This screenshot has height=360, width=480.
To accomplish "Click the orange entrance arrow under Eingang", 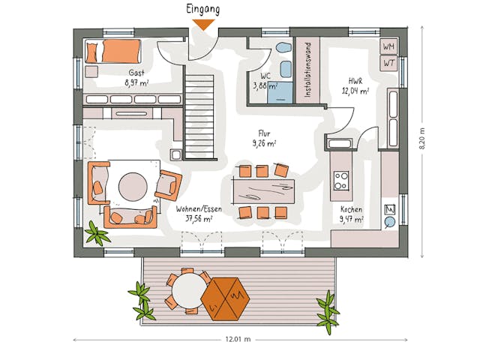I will pos(203,24).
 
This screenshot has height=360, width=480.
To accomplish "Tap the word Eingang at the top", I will pos(203,9).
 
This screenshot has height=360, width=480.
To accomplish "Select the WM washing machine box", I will pos(388,47).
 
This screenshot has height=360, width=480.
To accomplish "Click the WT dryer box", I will pos(388,63).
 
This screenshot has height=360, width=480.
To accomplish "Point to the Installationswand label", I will pos(306,70).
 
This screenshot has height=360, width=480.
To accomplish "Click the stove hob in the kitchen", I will pos(341,180).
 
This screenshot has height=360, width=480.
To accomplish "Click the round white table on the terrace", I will pos(187,289).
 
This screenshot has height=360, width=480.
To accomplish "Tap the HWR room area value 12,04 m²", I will pos(355,91).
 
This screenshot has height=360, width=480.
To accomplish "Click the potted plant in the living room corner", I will pos(96,233).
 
